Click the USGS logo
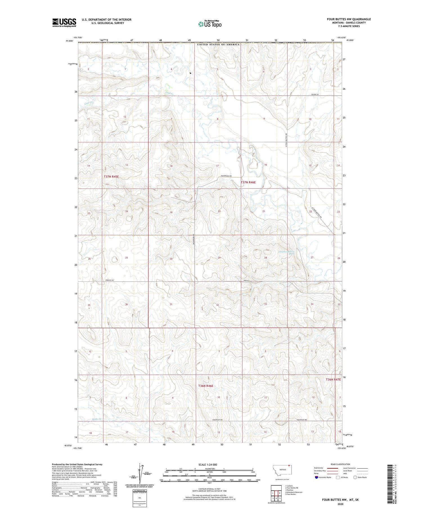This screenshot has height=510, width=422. point(64,23)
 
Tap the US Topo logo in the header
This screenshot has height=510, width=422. point(210,24)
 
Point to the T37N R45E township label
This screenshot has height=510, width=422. point(111,177)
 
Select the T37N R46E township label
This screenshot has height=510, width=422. point(248,182)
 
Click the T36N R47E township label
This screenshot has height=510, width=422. point(333,379)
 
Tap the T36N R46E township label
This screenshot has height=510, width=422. point(206,386)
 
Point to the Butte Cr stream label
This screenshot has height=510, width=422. point(96,419)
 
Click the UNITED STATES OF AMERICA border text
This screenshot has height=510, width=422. point(218,44)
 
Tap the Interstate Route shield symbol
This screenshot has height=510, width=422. point(316,477)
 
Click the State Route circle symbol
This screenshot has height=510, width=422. point(355,477)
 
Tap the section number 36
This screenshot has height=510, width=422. point(126,304)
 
